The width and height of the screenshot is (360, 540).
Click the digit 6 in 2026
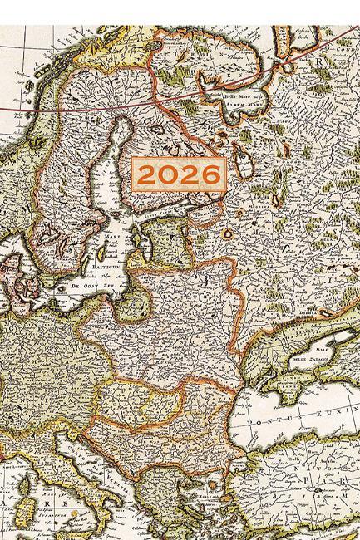coord(211,174)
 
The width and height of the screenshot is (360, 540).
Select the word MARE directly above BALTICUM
coord(110,238)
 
